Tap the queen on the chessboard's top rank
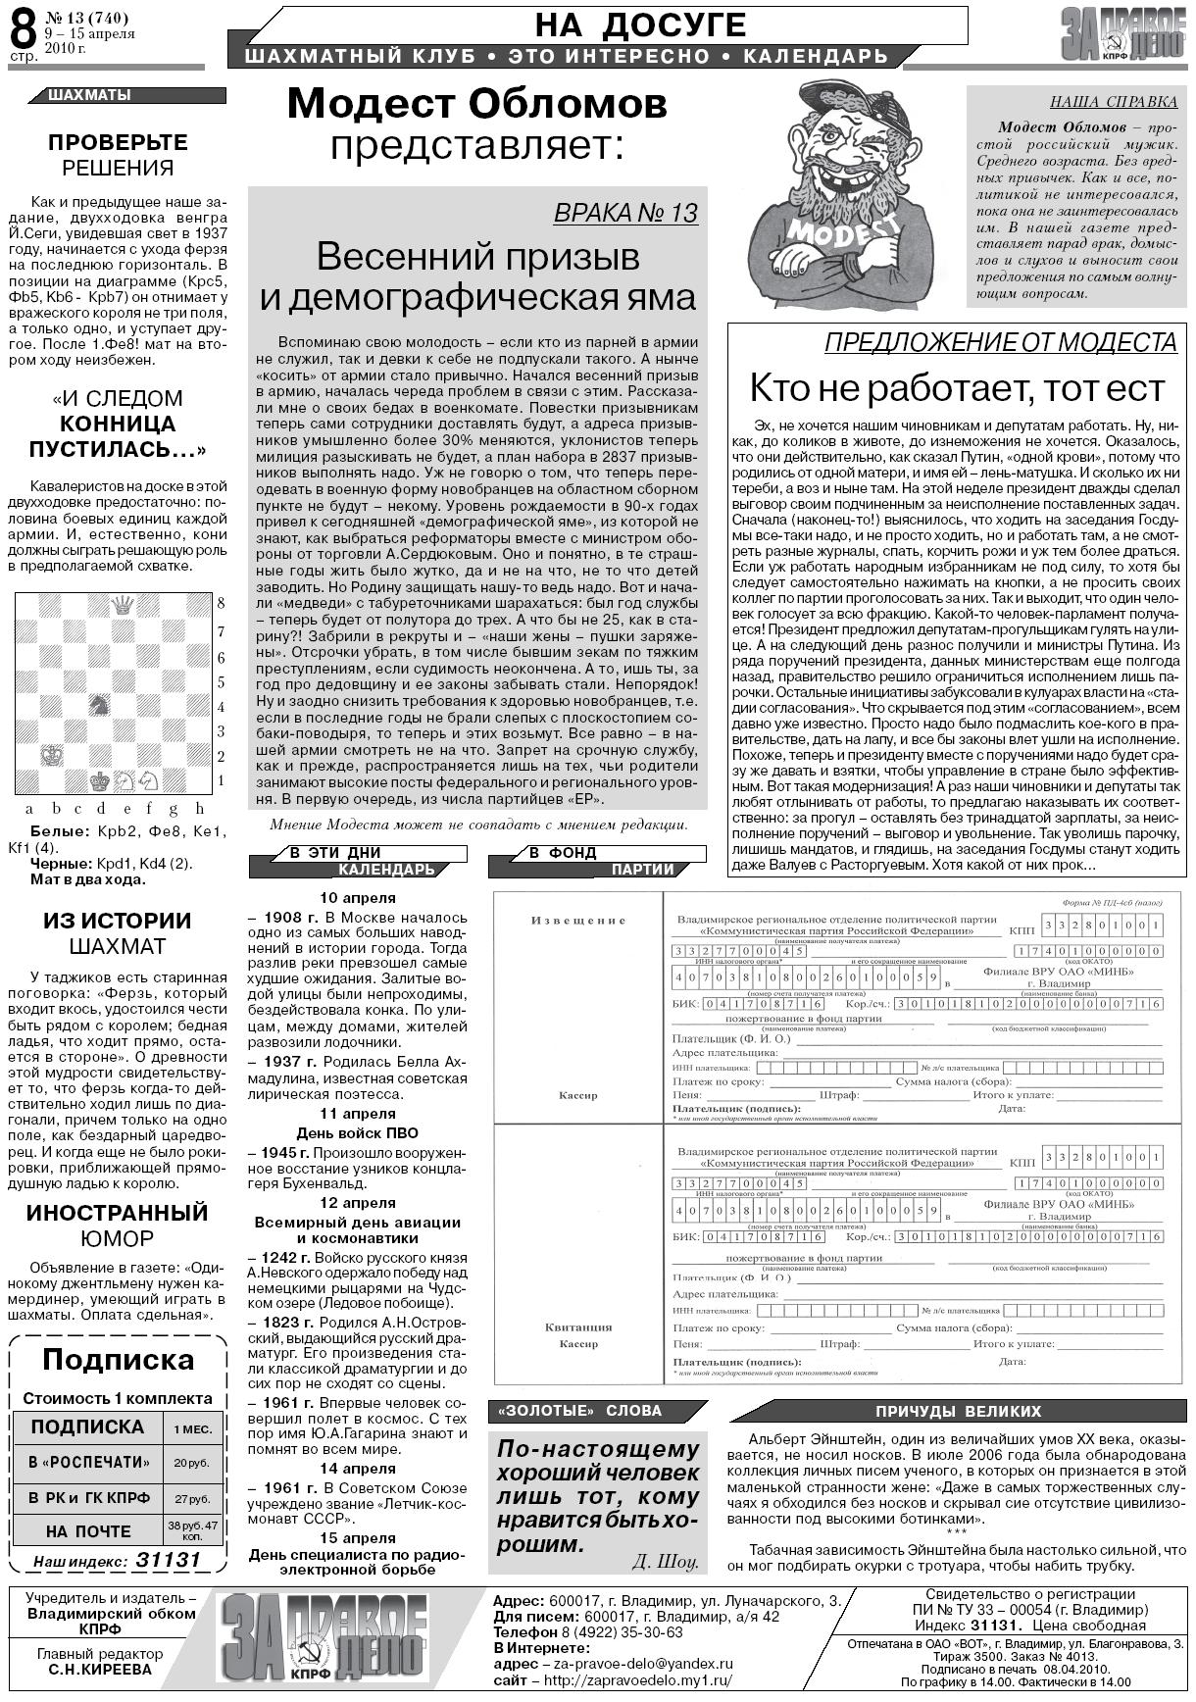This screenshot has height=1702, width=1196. [x=123, y=605]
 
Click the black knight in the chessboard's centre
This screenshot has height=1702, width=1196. [x=98, y=704]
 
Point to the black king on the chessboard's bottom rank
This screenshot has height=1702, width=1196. [x=98, y=780]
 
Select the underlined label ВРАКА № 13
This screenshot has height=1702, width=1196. [x=625, y=213]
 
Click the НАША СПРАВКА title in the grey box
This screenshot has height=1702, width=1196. [x=1113, y=101]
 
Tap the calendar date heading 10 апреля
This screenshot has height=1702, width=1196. [x=358, y=898]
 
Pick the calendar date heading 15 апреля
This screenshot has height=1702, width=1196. [x=358, y=1538]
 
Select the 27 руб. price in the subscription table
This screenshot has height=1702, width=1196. [x=192, y=1499]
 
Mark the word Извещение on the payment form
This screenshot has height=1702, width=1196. [x=577, y=920]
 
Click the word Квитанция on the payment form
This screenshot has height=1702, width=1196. [x=577, y=1327]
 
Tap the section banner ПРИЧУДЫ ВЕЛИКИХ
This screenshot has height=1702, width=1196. [x=958, y=1411]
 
